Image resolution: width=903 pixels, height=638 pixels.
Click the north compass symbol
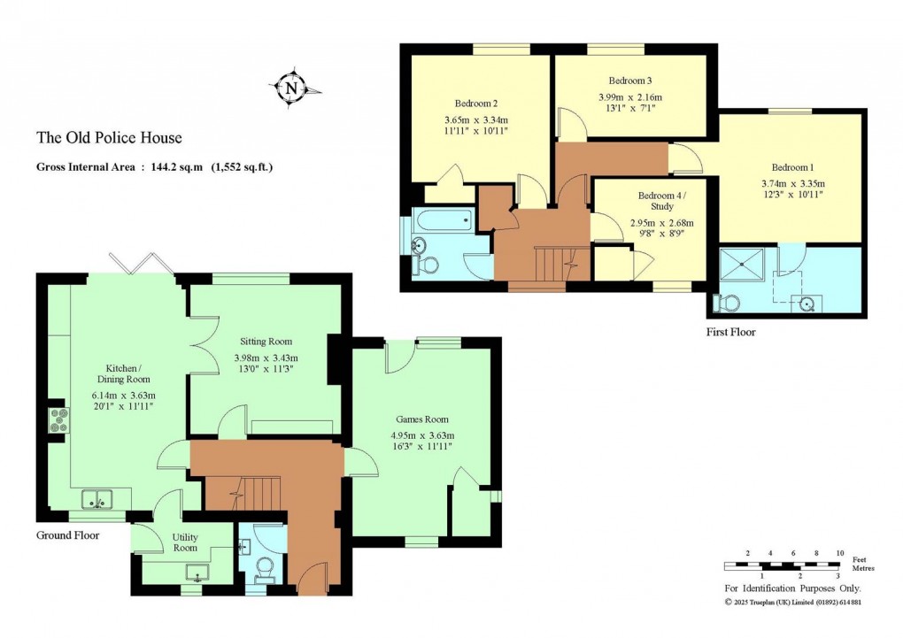click(291, 88)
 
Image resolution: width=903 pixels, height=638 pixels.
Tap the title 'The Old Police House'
click(109, 137)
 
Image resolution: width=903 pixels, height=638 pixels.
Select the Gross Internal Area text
click(154, 165)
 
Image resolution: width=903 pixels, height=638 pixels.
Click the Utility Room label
click(185, 542)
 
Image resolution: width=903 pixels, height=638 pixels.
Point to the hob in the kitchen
click(60, 420)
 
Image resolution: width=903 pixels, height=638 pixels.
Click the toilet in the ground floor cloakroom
click(263, 565)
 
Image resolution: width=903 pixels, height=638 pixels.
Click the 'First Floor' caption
click(731, 332)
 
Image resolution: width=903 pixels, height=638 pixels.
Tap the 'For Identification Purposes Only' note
click(792, 588)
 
